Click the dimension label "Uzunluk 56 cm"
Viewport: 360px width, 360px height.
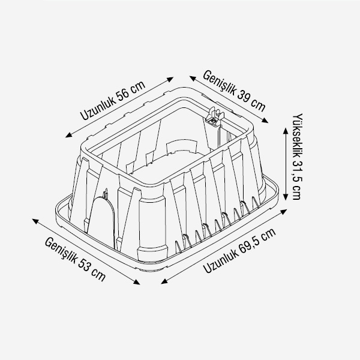[x=113, y=100]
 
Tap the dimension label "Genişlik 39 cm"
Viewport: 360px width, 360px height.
[x=234, y=91]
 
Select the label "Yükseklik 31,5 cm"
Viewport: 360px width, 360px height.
[x=298, y=157]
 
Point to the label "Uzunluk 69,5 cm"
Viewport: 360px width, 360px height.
[x=239, y=251]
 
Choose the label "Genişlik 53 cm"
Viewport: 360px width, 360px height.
[x=75, y=259]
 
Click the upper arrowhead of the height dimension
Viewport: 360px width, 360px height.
[x=286, y=130]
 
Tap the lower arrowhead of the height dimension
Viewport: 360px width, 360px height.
[x=286, y=197]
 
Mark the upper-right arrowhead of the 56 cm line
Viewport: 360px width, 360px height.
[x=170, y=79]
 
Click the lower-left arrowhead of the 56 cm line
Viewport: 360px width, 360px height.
[x=68, y=135]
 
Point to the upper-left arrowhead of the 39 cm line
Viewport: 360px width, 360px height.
[x=193, y=78]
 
